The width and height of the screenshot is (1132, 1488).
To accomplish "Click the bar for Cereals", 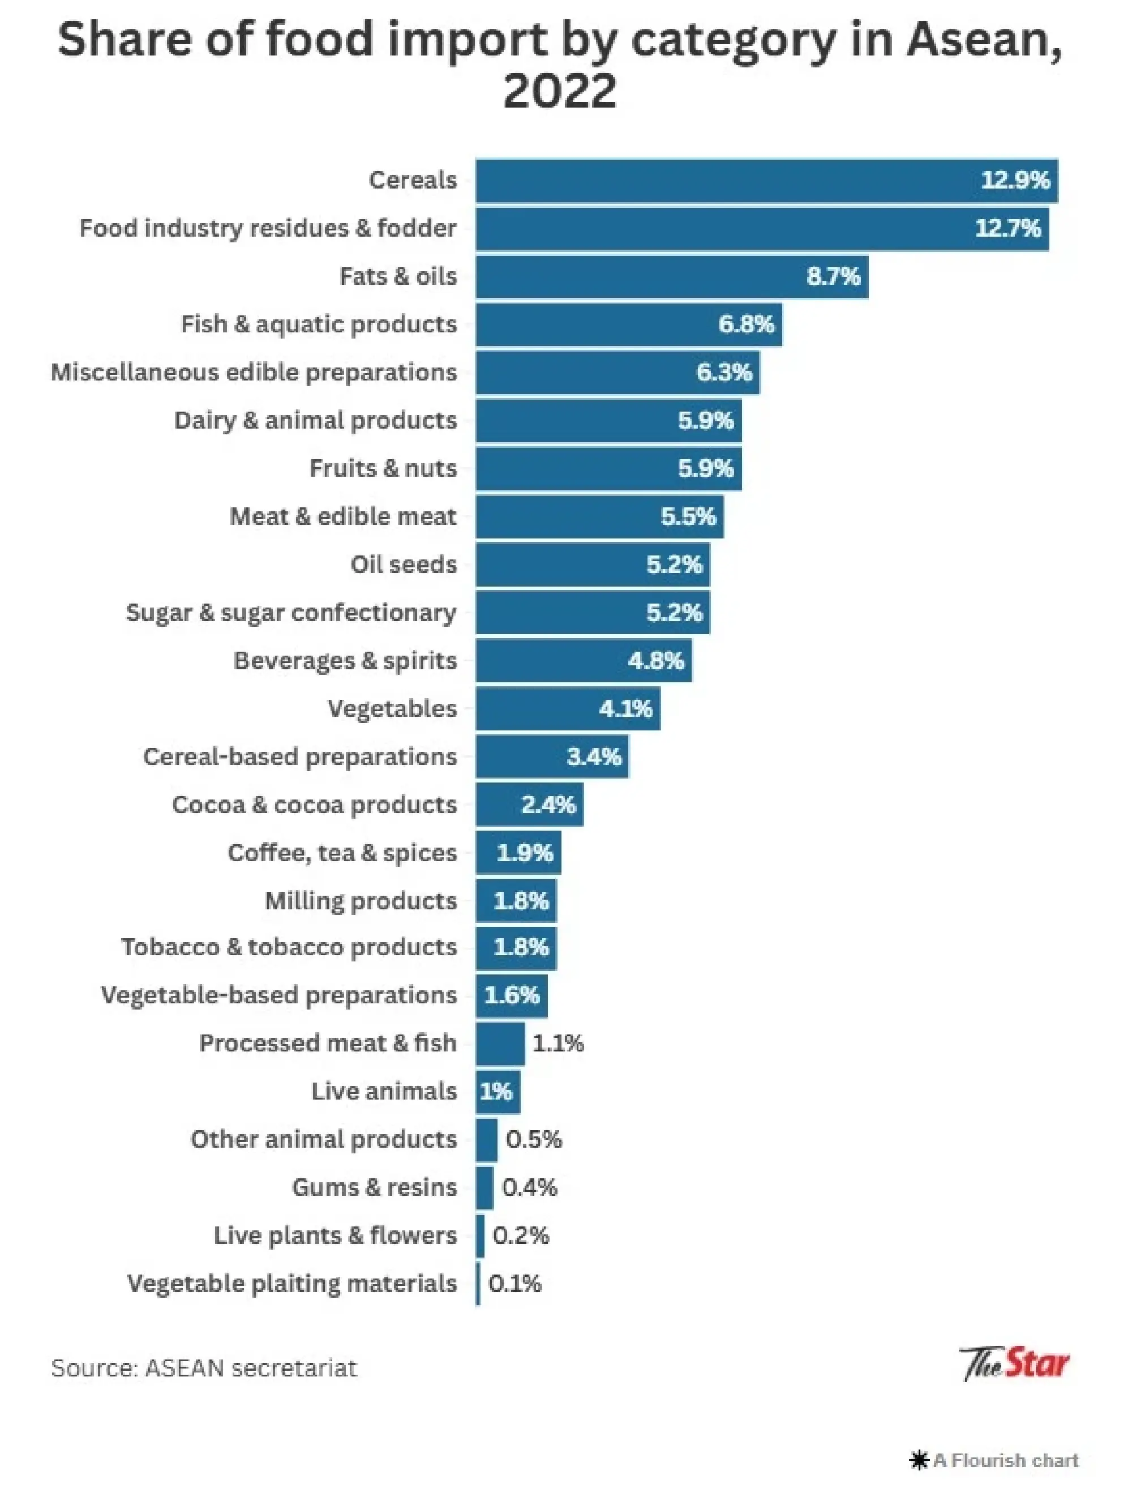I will point(766,181).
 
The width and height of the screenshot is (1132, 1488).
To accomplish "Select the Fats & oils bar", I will point(671,276).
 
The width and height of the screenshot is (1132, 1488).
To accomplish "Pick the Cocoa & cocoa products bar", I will point(529,804).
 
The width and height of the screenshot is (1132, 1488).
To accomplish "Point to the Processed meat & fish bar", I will point(499,1043).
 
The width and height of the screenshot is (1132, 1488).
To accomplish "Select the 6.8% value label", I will point(746,324).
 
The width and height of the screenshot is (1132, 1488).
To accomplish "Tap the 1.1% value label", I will point(558,1043).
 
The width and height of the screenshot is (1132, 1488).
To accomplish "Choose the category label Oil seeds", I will point(403,564).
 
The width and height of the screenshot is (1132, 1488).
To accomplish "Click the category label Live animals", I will point(383,1091).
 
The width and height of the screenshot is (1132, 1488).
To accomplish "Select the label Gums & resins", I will point(374,1187).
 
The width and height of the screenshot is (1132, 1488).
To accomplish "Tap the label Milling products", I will point(361,900).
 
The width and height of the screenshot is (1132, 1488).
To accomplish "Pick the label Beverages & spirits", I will point(345,660).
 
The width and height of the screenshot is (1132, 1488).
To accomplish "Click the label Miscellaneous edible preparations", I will point(254,372).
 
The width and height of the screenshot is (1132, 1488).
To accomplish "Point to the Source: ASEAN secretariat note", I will point(204,1368).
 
